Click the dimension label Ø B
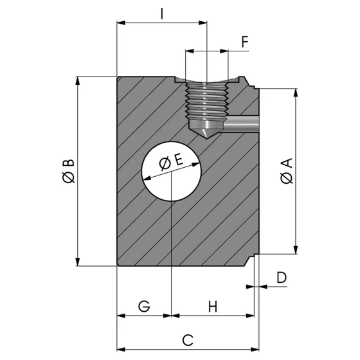pos(67,172)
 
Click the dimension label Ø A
pos(287,171)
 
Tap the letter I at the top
pos(162,13)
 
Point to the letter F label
pos(245,42)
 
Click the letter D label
pos(280,277)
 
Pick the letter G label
pos(145,306)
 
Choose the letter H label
pos(213,306)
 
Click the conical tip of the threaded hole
pos(206,132)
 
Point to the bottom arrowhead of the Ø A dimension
pos(296,249)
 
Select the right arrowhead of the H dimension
pos(250,316)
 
